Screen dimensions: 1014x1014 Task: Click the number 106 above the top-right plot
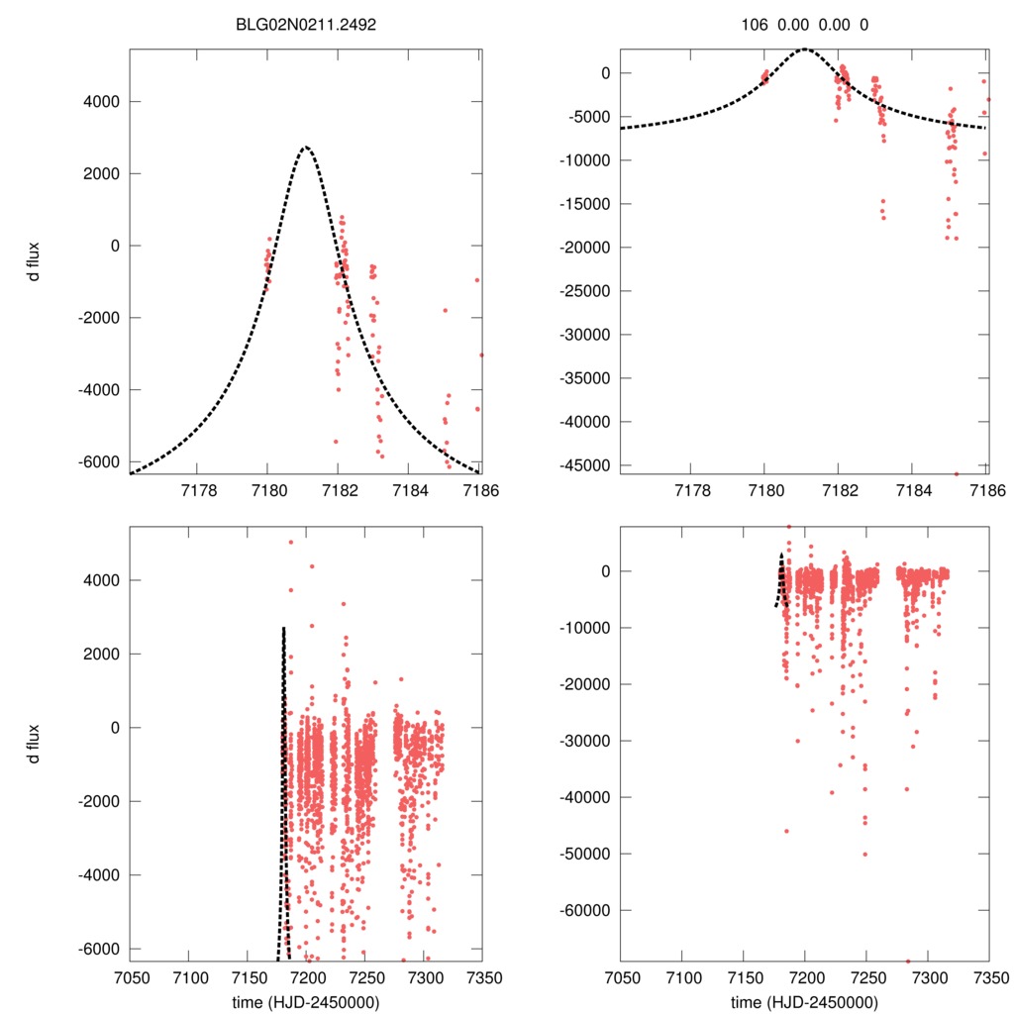click(x=755, y=24)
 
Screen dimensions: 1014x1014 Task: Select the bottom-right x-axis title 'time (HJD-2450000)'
click(x=804, y=1002)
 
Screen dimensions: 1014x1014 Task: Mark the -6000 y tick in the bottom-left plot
click(x=99, y=949)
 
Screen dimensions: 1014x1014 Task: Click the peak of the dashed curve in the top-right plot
click(x=804, y=49)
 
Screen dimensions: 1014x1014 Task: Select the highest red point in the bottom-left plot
click(x=291, y=542)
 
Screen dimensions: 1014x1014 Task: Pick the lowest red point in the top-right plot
click(x=957, y=473)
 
